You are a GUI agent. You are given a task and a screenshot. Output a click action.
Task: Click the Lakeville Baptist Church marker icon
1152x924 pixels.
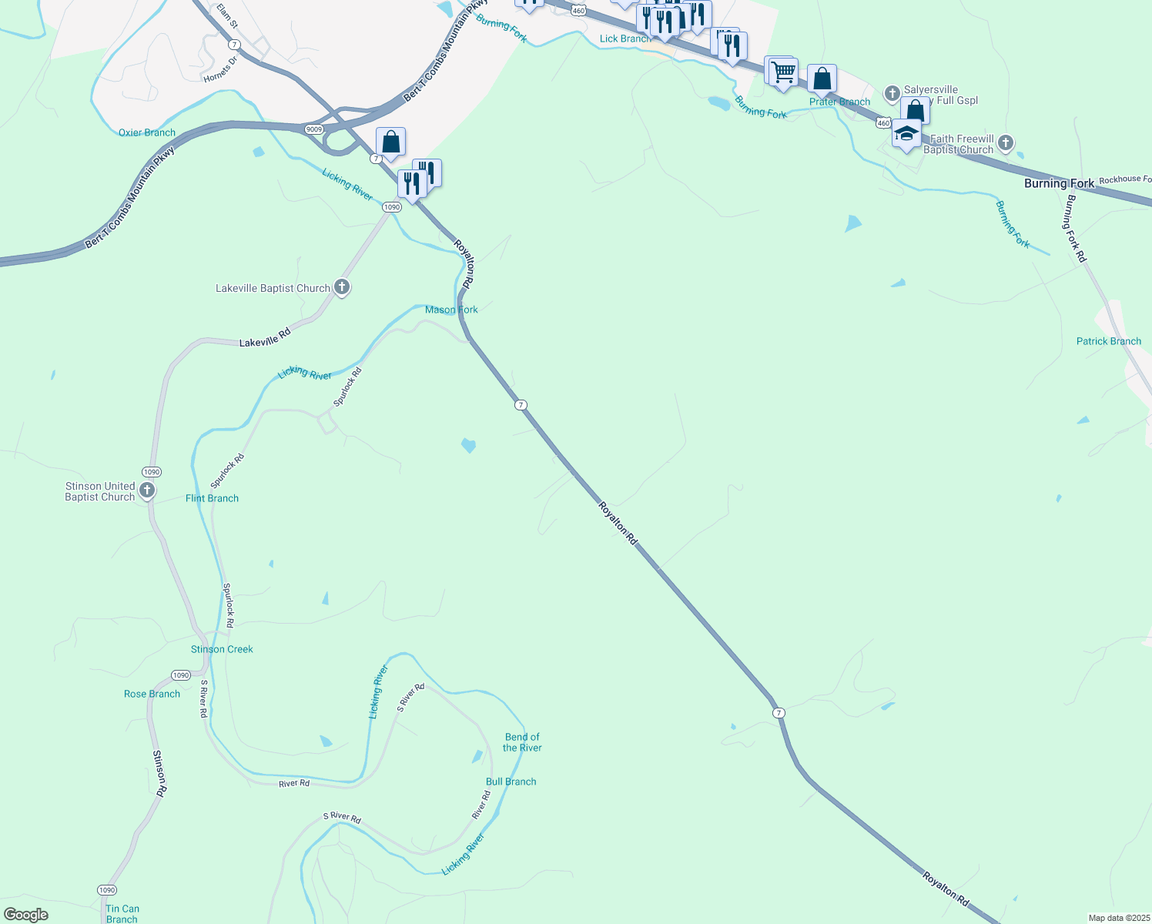tap(342, 288)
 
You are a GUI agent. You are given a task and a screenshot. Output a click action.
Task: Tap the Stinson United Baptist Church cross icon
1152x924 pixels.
tap(147, 490)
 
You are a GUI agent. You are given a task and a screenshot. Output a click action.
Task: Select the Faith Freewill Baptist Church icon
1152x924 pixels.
tap(1005, 142)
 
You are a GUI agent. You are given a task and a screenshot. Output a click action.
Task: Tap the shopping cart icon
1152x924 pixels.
tap(783, 72)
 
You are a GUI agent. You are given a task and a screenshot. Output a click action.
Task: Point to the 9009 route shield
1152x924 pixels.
tap(313, 129)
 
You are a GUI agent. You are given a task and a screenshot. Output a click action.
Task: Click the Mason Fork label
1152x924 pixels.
tap(451, 310)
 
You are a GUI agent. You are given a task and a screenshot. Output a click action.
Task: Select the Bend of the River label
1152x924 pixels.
tap(522, 742)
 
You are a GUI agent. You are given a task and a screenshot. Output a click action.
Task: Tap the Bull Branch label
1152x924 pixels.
tap(511, 782)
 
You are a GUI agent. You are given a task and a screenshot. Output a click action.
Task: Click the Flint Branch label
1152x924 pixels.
tap(212, 498)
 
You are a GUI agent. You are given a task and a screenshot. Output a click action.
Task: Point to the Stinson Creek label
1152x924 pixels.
tap(222, 649)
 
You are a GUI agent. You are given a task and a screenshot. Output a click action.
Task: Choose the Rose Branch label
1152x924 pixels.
tap(152, 694)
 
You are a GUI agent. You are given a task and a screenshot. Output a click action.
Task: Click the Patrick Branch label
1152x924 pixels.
tap(1108, 341)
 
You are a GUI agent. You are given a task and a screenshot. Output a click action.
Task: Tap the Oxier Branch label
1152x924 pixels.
tap(146, 132)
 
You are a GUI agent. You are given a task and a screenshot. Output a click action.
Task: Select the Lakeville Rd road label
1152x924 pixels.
tap(265, 337)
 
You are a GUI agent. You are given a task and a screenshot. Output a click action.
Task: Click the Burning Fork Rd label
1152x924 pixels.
tap(1076, 228)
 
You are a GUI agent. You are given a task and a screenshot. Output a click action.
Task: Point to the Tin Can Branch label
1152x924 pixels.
tap(122, 914)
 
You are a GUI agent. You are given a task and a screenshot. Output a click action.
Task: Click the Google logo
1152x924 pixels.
tap(25, 915)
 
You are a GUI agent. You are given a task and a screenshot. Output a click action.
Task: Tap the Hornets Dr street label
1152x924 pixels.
tap(221, 69)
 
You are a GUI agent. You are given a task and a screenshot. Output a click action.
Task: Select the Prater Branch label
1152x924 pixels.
tap(839, 102)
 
